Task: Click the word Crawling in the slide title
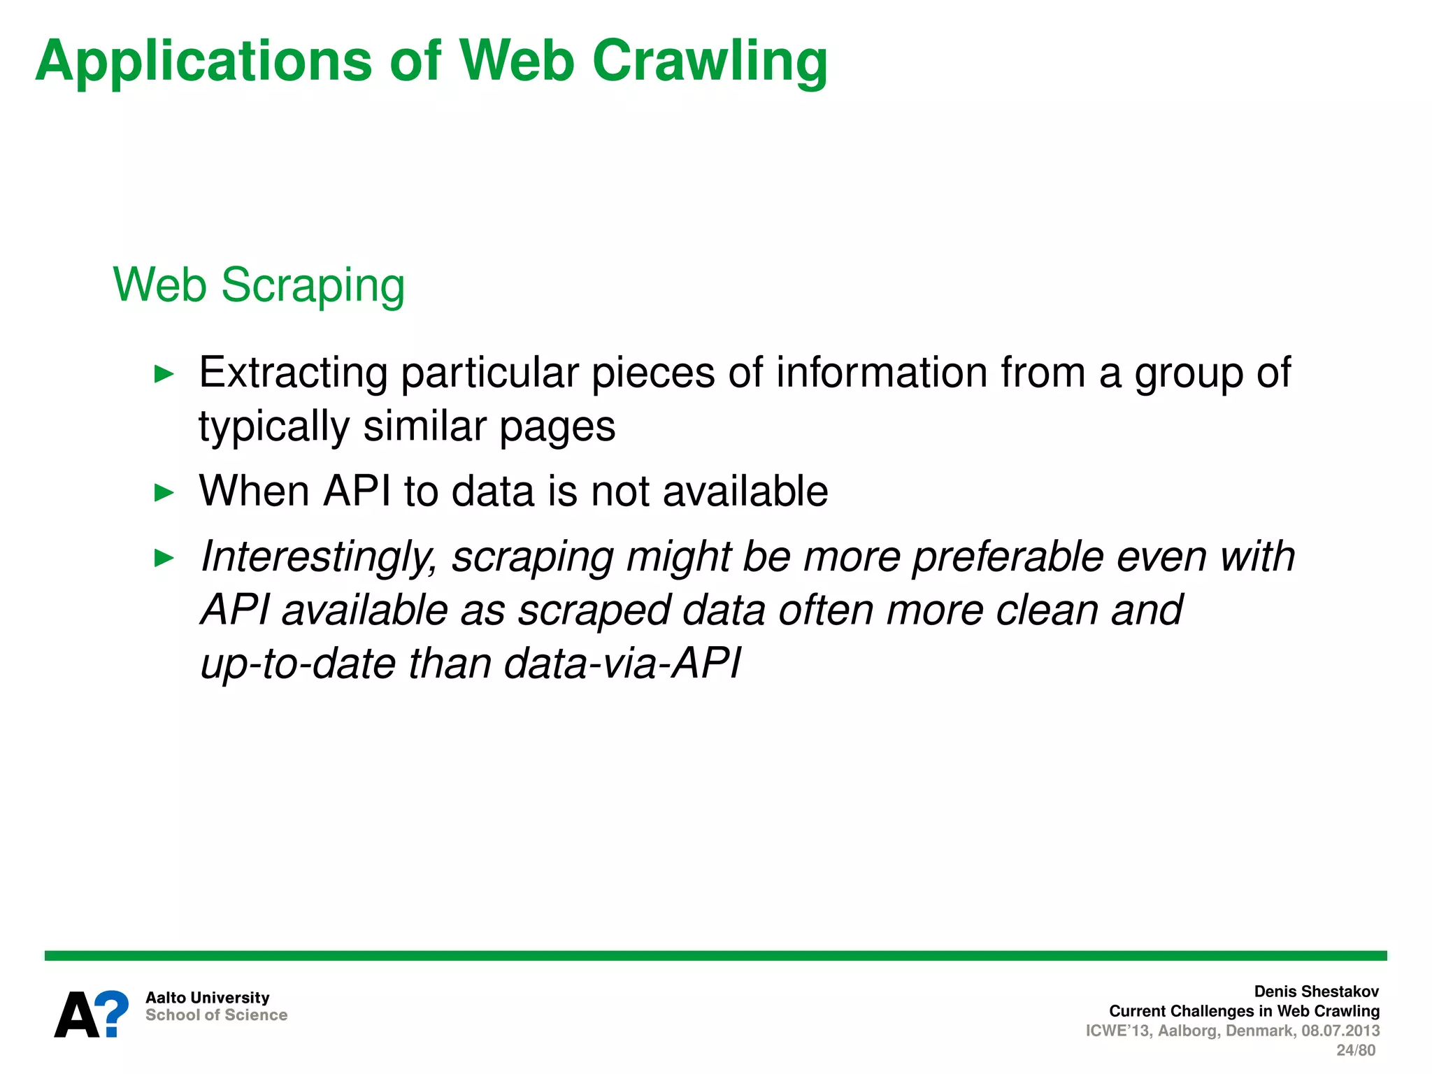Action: coord(710,62)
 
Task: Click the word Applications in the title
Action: coord(203,62)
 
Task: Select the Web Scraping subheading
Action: coord(259,285)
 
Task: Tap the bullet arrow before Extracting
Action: coord(164,374)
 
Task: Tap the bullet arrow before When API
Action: coord(164,493)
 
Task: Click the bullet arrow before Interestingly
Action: coord(164,558)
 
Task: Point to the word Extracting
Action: coord(293,372)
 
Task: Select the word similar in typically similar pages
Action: coord(424,426)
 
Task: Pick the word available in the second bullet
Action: coord(745,491)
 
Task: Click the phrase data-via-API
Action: coord(622,663)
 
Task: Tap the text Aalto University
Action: coord(207,998)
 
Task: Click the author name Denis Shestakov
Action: coord(1316,991)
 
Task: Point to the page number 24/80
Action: coord(1356,1050)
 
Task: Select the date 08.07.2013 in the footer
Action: coord(1340,1031)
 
